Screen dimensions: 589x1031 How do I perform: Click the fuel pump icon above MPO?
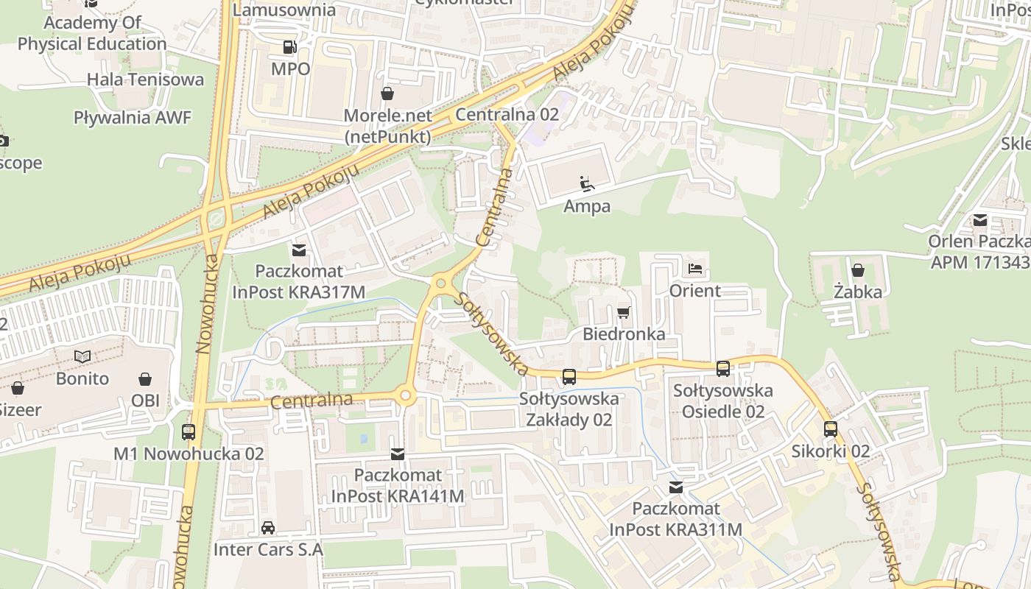tap(289, 48)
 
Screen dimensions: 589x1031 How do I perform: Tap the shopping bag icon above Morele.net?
tap(387, 94)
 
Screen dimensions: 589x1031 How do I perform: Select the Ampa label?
tap(587, 206)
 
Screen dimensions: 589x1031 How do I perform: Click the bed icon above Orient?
tap(694, 269)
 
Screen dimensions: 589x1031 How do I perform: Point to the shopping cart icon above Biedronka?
tap(624, 312)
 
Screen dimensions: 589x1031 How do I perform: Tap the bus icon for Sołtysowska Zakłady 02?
tap(569, 377)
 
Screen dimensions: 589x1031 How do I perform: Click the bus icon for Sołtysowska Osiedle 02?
tap(723, 368)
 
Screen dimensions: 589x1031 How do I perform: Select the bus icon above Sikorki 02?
tap(831, 429)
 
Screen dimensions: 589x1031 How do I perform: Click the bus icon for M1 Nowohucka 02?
tap(189, 432)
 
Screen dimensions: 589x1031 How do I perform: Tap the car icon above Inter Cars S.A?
tap(268, 528)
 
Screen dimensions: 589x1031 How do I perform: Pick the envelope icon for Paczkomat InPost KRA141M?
tap(398, 454)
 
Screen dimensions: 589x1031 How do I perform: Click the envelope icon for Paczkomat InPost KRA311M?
tap(675, 487)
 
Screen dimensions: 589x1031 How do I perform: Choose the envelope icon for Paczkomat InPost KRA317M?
tap(299, 250)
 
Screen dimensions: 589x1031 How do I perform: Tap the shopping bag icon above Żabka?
tap(858, 270)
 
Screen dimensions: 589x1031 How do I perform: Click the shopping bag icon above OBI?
tap(145, 379)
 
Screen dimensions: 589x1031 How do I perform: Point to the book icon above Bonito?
tap(82, 357)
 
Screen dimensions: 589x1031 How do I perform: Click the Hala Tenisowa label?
tap(145, 80)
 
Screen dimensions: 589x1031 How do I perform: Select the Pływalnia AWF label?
tap(133, 117)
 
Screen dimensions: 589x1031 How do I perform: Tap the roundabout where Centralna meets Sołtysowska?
tap(441, 283)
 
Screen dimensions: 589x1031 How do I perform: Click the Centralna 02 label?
tap(507, 115)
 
